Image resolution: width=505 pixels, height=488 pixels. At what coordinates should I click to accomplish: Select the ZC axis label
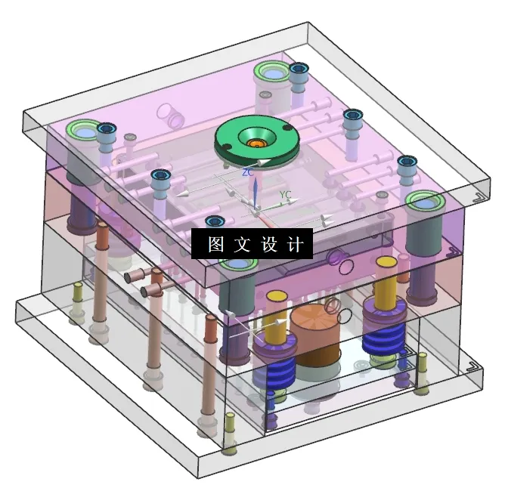246,172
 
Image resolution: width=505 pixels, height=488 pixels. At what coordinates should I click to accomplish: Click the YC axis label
285,195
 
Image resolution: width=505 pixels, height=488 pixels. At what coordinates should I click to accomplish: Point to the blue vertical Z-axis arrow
255,192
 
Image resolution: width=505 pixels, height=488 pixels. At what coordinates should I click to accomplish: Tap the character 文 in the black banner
243,245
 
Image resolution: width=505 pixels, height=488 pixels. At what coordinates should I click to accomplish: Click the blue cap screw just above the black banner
215,221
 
